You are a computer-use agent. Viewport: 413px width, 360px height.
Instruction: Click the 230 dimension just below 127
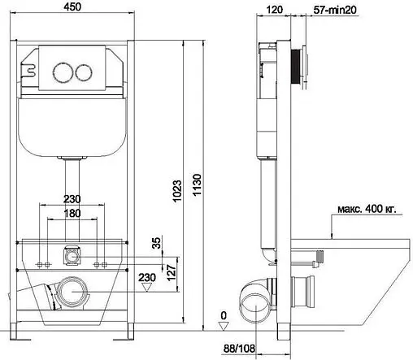(148, 278)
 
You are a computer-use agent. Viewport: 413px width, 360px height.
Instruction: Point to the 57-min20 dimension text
(333, 11)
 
